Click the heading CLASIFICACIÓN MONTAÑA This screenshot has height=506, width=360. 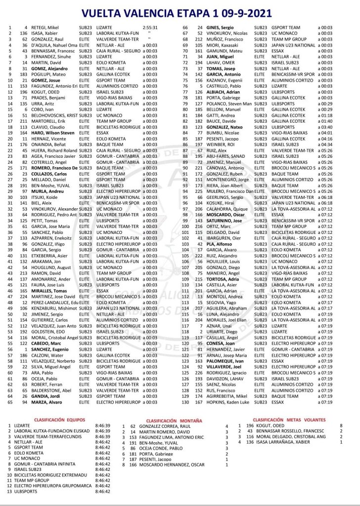click(x=176, y=419)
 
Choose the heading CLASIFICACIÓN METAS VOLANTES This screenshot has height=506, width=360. click(x=289, y=419)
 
